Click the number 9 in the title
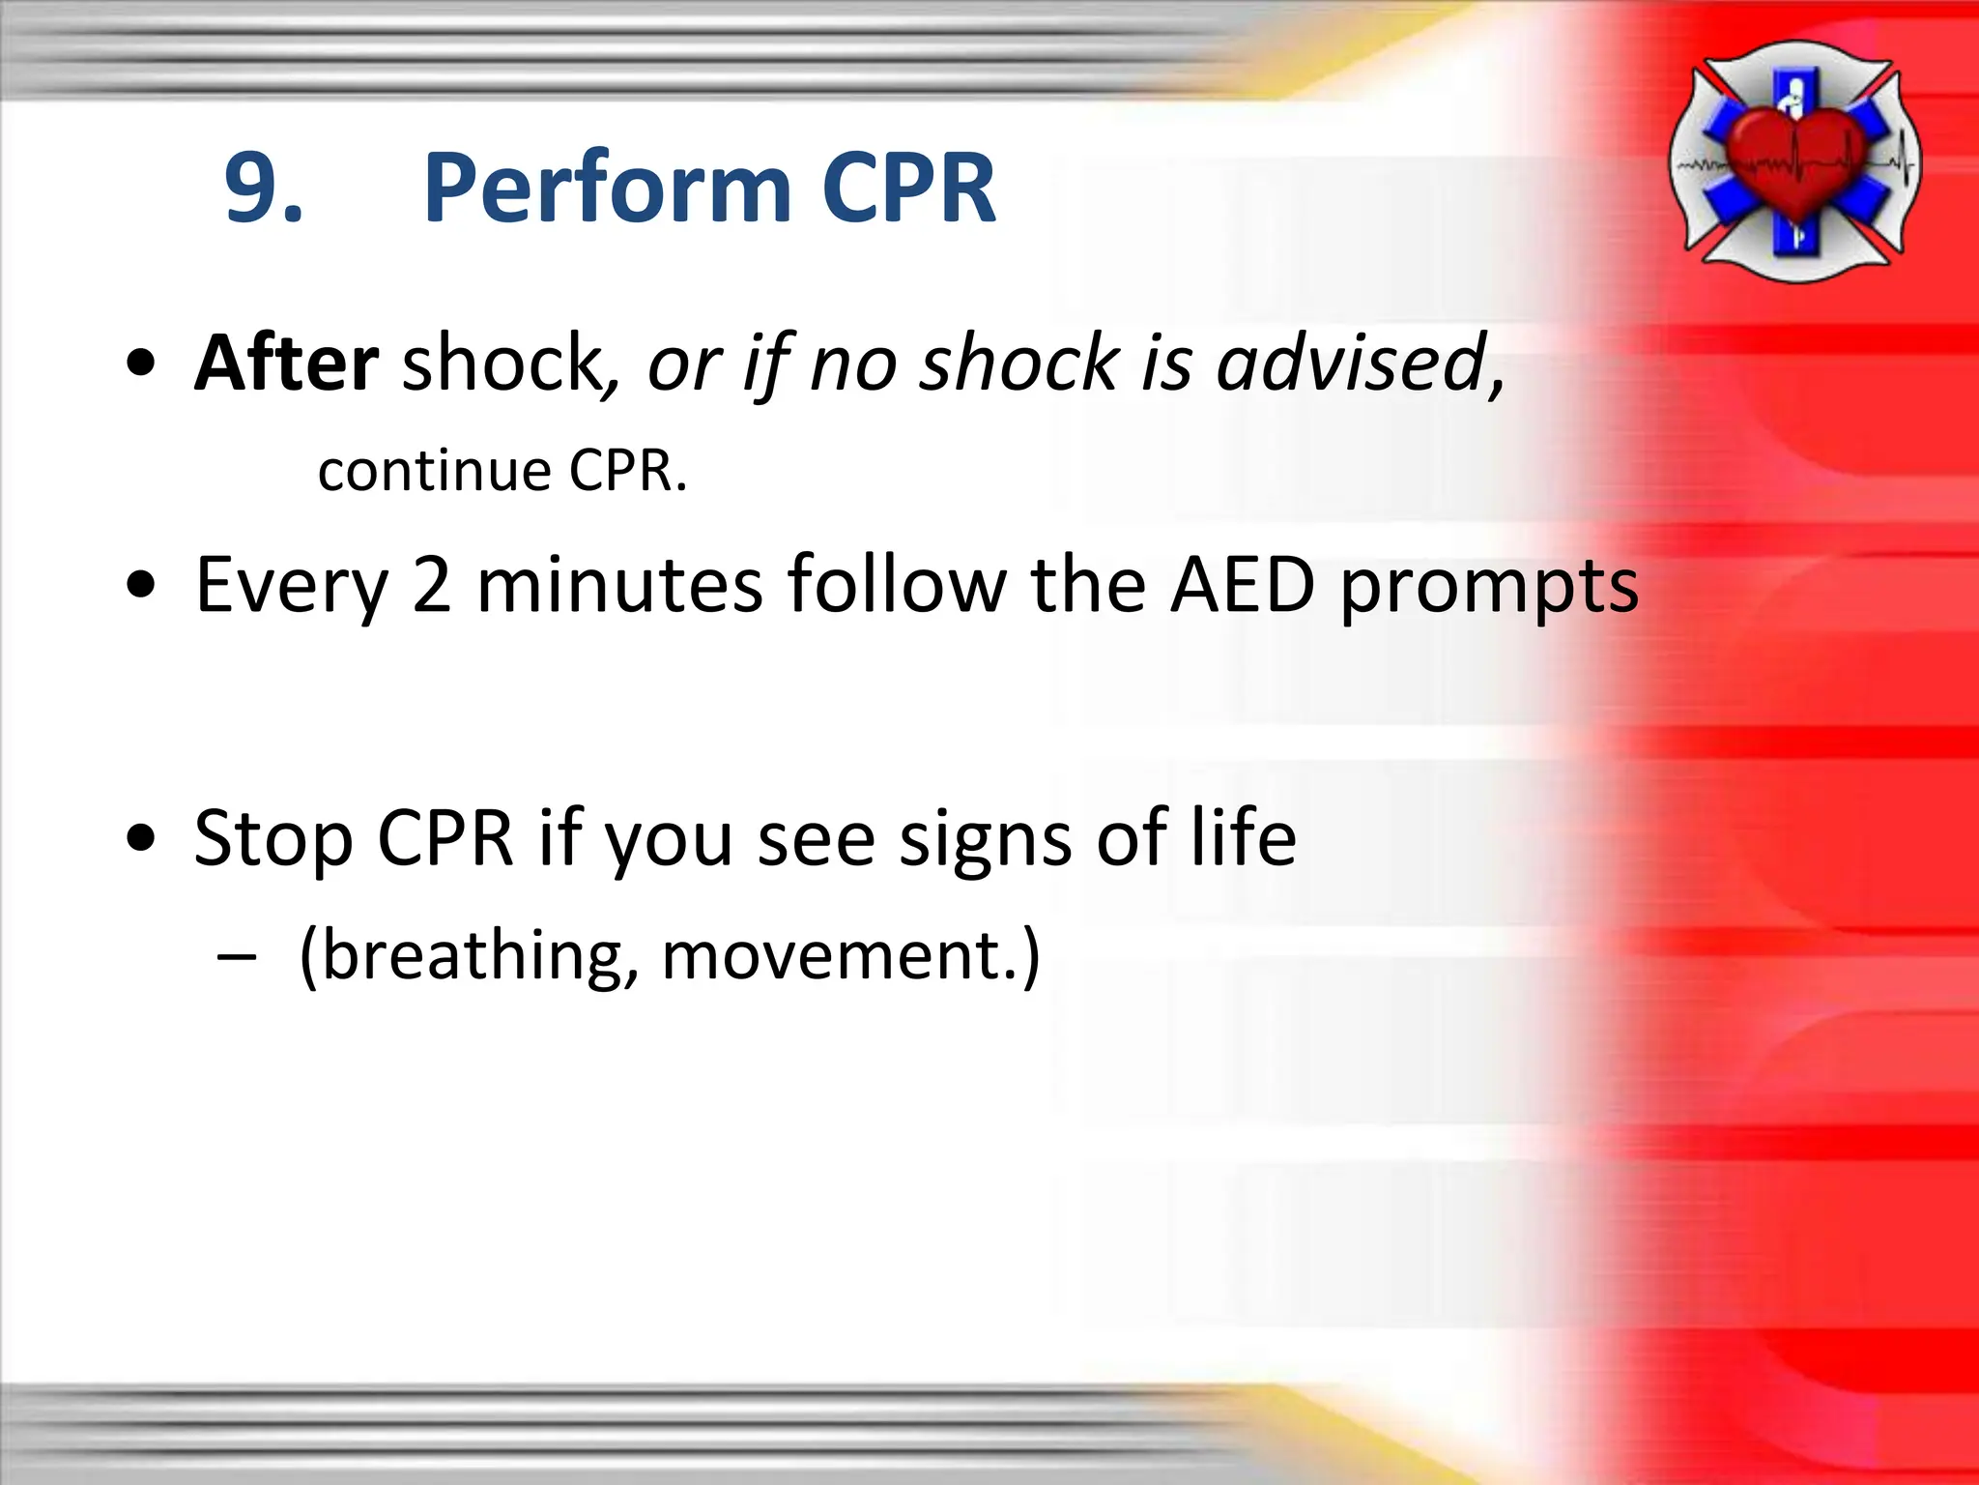tap(253, 189)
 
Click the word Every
tap(291, 586)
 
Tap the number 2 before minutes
tap(431, 586)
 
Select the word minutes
tap(619, 586)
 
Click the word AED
tap(1242, 586)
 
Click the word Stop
tap(272, 839)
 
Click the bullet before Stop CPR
tap(141, 839)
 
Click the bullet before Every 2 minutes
tap(141, 586)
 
